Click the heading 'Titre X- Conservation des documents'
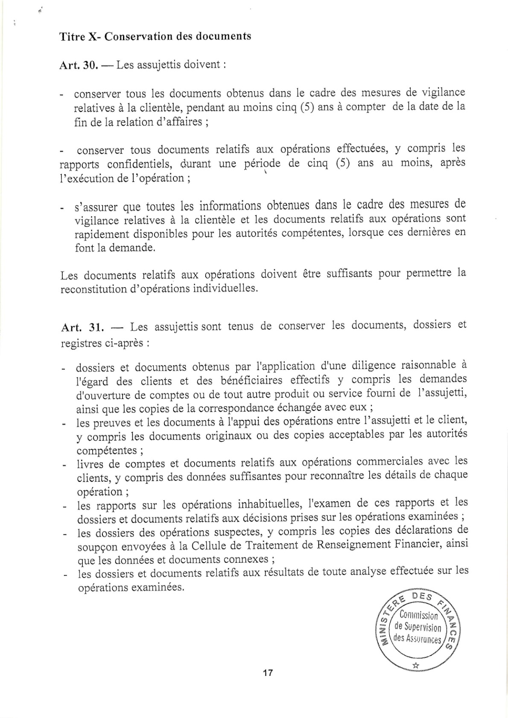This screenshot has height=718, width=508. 155,36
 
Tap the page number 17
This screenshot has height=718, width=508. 268,673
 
